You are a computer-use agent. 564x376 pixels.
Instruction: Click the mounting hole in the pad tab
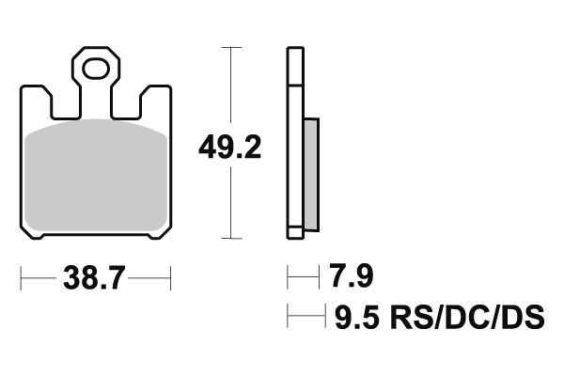tap(94, 68)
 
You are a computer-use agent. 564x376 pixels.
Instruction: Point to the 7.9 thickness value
tap(352, 278)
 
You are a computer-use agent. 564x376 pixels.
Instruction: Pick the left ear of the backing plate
tap(36, 97)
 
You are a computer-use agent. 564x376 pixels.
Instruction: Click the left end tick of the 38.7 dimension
tap(21, 279)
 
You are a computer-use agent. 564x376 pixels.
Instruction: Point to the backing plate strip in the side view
tap(294, 141)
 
